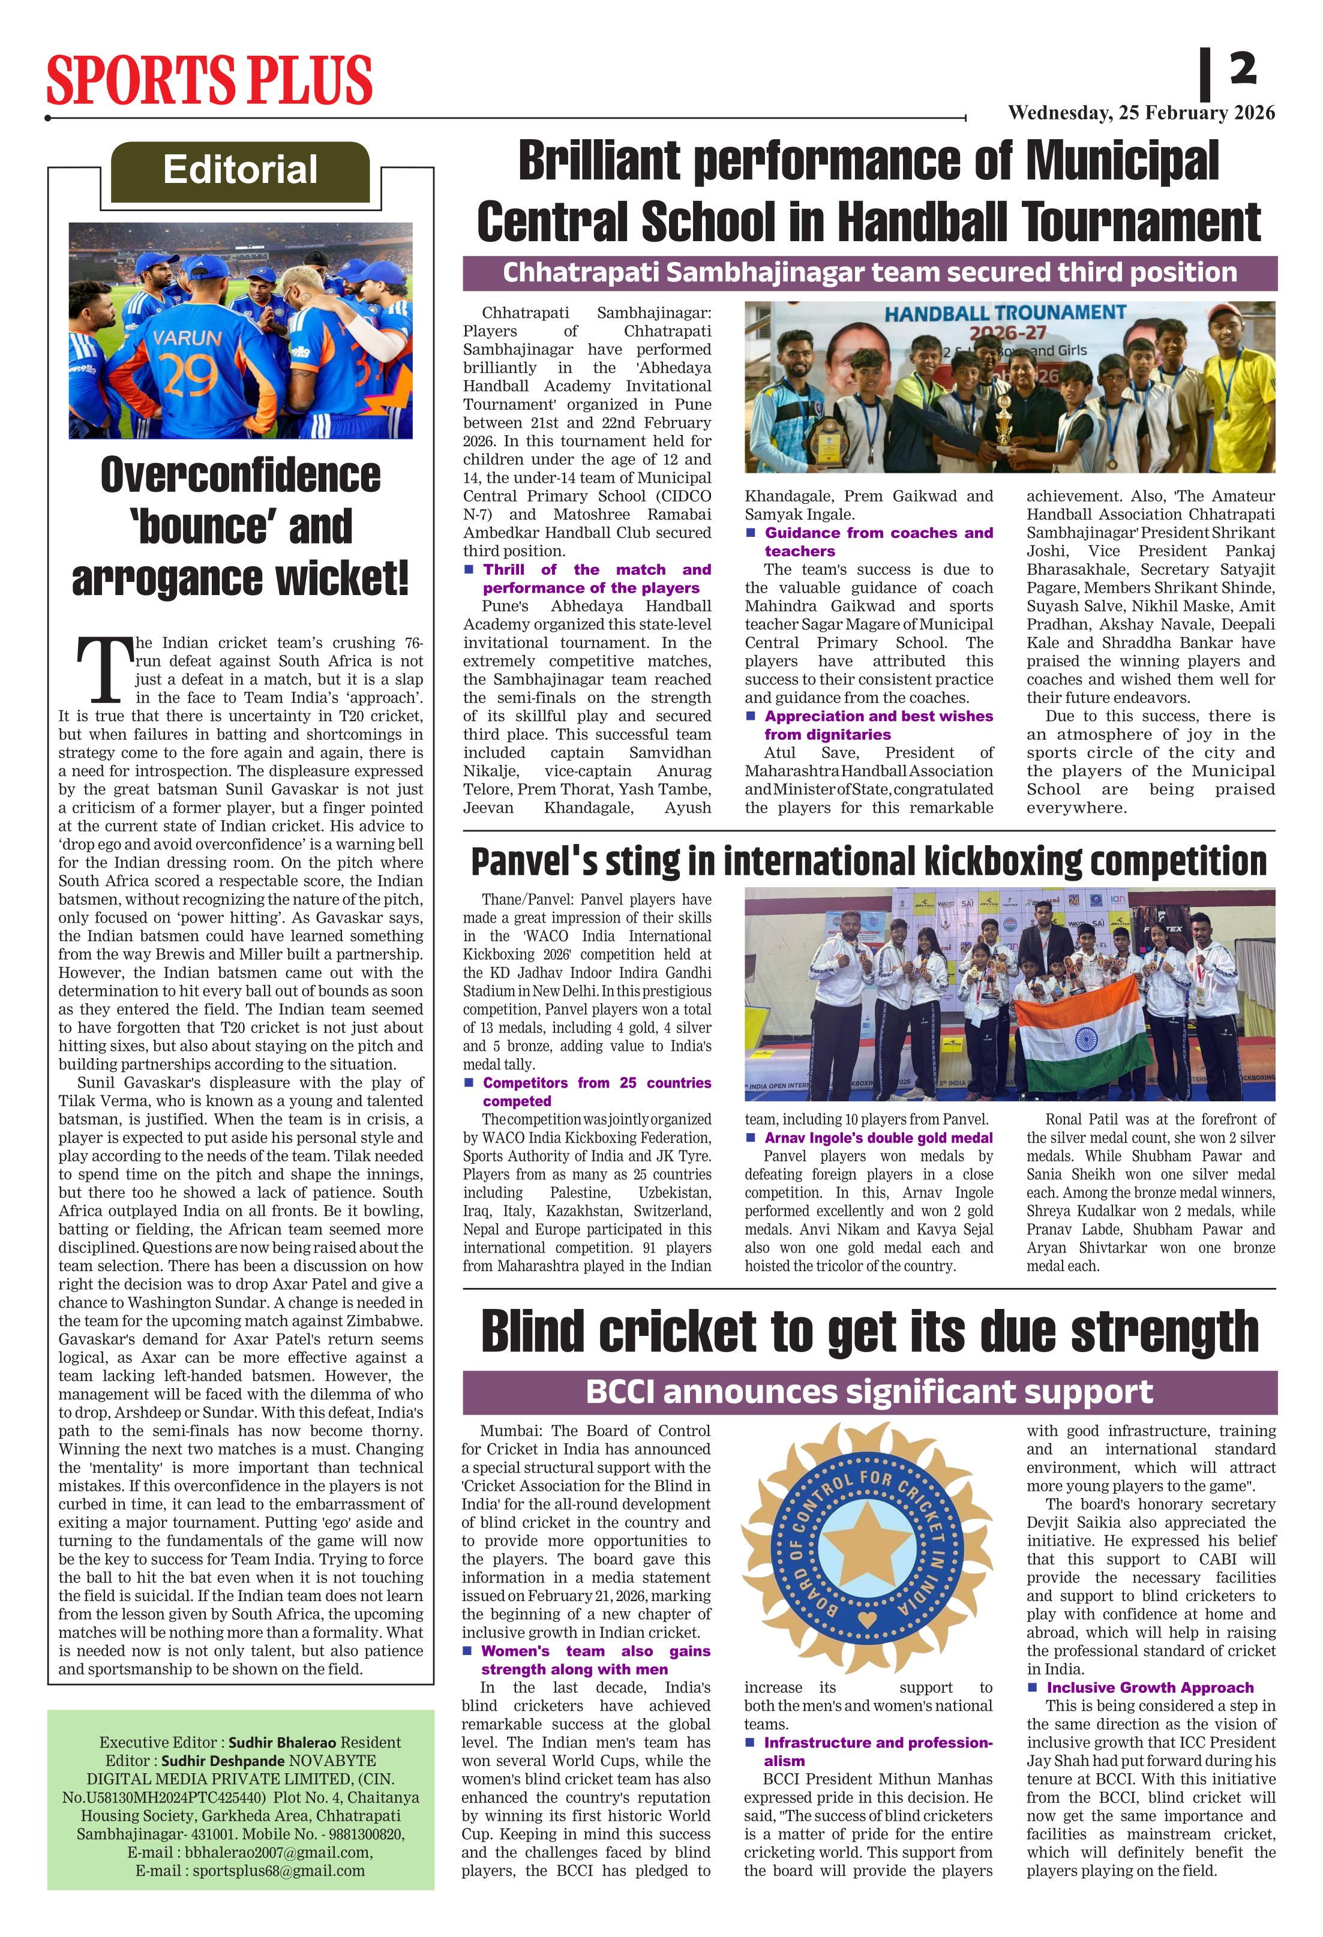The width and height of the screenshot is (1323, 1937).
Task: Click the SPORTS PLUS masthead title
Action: [x=209, y=80]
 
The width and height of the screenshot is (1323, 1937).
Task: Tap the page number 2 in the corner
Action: [x=1242, y=68]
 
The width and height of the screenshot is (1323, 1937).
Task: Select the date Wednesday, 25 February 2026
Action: [x=1141, y=113]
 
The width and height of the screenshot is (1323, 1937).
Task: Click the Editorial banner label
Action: [x=240, y=170]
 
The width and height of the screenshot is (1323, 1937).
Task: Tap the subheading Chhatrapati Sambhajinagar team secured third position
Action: [x=869, y=272]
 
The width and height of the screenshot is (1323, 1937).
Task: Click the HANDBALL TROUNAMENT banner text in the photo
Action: [x=1004, y=313]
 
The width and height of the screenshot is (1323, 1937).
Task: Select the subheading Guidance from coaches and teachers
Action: [x=878, y=541]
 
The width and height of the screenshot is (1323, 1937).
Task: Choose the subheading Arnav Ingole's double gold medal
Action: [x=878, y=1138]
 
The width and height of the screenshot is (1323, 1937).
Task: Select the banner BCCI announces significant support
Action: [x=869, y=1391]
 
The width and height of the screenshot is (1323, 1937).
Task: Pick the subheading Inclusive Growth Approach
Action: [x=1150, y=1688]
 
